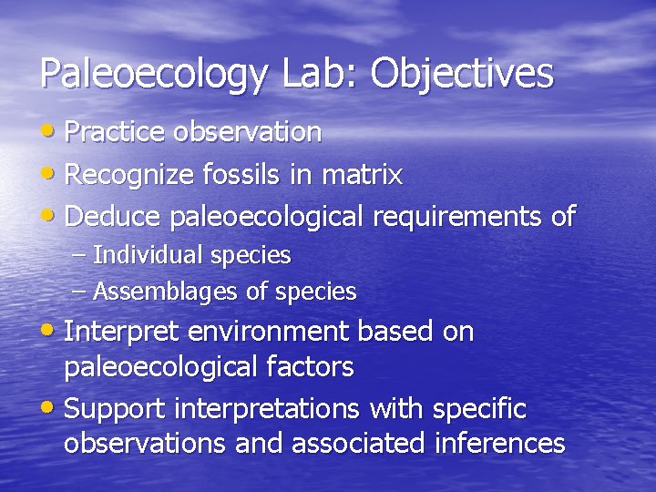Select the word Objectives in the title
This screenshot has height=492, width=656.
click(x=462, y=74)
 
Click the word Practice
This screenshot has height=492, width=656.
click(x=116, y=132)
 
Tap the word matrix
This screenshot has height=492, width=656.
click(x=360, y=174)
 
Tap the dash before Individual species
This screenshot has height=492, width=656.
click(x=80, y=256)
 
